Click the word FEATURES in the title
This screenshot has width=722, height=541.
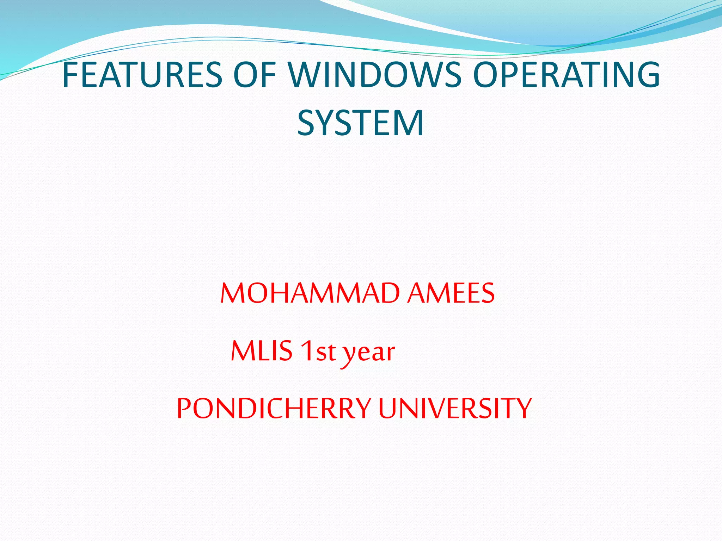pyautogui.click(x=142, y=75)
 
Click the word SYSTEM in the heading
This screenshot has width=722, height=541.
pyautogui.click(x=360, y=123)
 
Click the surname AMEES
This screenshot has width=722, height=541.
pyautogui.click(x=451, y=293)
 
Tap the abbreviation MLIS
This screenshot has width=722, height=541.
pyautogui.click(x=262, y=351)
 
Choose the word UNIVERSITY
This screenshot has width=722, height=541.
pyautogui.click(x=455, y=408)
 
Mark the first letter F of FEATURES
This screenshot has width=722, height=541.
pyautogui.click(x=71, y=75)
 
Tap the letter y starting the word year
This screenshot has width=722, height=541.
pyautogui.click(x=349, y=354)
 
